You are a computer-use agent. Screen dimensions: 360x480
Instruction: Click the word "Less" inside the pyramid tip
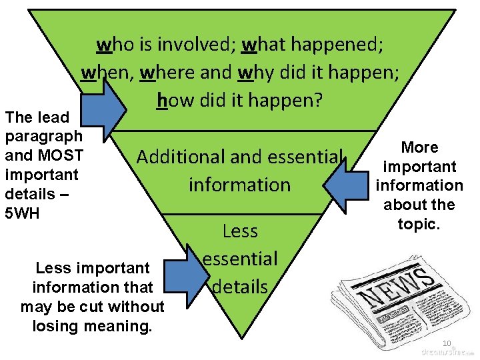(240, 231)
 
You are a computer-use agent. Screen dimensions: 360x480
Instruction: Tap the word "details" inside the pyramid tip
(240, 287)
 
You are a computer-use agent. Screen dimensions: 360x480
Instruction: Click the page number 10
(446, 343)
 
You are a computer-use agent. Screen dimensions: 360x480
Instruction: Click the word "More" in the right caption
(419, 147)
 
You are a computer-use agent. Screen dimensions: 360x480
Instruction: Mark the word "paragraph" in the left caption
(43, 137)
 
